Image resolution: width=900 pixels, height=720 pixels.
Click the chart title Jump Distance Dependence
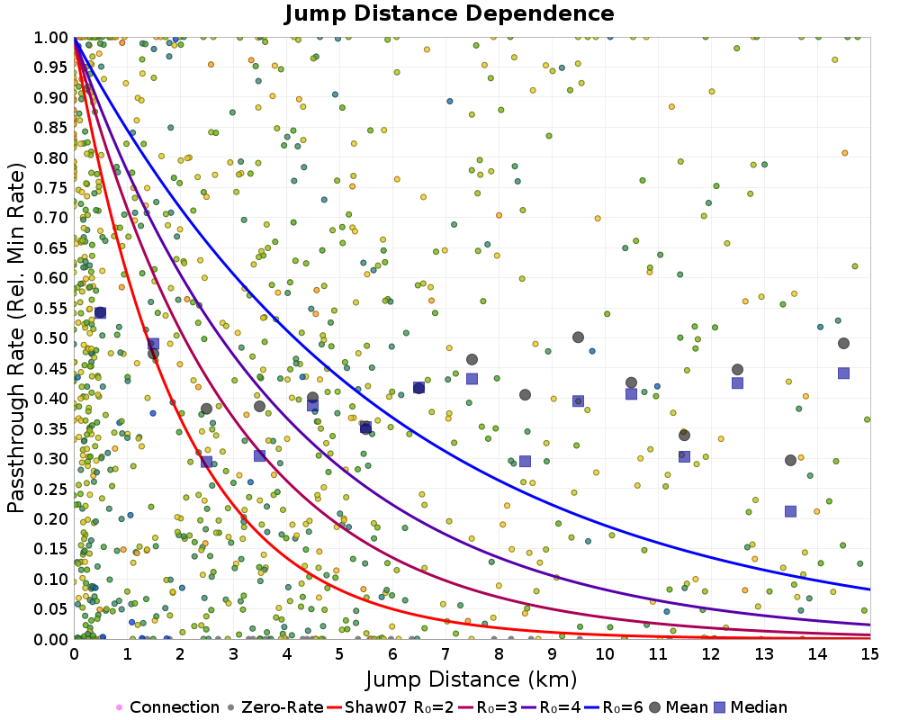point(449,13)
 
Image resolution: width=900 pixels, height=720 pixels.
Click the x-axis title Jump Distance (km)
point(471,679)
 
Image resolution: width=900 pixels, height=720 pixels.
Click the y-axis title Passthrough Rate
point(16,338)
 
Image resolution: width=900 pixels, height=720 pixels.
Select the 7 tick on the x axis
point(445,654)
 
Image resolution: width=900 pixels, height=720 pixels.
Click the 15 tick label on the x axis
point(869,654)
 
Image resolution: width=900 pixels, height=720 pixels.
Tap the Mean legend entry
point(678,706)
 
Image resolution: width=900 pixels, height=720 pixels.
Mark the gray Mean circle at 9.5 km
point(578,337)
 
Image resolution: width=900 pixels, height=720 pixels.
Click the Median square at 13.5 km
point(790,511)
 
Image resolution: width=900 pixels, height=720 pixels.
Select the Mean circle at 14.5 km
point(843,343)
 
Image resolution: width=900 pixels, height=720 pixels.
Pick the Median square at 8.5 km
point(525,462)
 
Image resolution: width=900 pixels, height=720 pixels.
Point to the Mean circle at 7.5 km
point(472,359)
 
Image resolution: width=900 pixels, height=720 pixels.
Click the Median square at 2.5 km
point(207,462)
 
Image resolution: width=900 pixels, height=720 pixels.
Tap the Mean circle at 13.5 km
point(790,461)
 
